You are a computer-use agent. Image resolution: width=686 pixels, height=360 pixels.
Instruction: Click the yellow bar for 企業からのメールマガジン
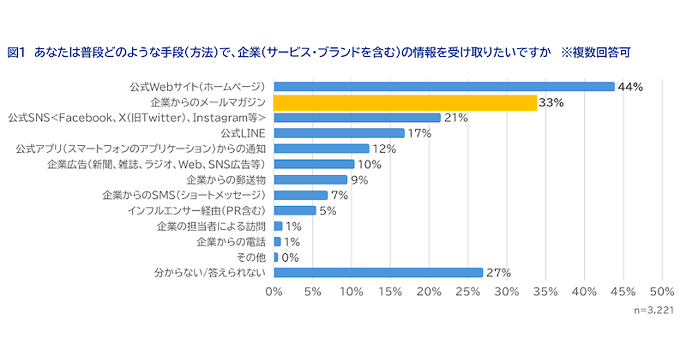(x=405, y=103)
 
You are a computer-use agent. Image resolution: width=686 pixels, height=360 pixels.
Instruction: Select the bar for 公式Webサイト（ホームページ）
(x=444, y=87)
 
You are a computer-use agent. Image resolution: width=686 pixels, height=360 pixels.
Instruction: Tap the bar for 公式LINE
(x=339, y=133)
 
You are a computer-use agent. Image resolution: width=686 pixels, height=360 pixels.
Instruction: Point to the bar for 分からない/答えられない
(x=378, y=273)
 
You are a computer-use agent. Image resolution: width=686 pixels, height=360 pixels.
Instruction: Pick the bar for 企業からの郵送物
(x=310, y=180)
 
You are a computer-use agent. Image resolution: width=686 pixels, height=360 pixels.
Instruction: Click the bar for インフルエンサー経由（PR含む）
(x=295, y=210)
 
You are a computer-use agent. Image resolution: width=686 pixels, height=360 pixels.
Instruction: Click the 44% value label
(x=631, y=87)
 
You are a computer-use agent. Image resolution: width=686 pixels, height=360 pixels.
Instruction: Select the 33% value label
(x=551, y=103)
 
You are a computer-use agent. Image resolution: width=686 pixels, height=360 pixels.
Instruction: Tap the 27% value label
(x=497, y=273)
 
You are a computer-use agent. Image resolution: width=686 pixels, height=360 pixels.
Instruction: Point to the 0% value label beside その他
(x=290, y=257)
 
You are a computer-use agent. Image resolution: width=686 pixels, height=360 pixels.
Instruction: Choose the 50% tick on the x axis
(x=662, y=291)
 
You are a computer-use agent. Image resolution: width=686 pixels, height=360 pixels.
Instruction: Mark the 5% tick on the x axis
(x=313, y=291)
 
